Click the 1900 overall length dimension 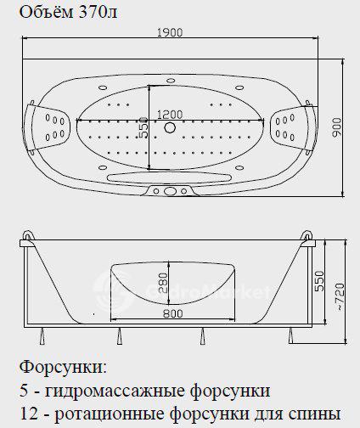click(x=170, y=32)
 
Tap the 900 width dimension click(x=336, y=127)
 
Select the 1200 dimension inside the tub click(x=170, y=115)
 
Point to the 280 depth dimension click(x=163, y=284)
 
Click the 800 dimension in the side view click(x=173, y=313)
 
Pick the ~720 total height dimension click(x=340, y=297)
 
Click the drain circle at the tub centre click(x=170, y=127)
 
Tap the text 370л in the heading click(x=97, y=13)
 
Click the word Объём click(x=47, y=12)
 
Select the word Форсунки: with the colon click(x=64, y=368)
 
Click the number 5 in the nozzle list click(x=25, y=391)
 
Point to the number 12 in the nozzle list click(x=29, y=414)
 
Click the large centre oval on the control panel click(x=170, y=192)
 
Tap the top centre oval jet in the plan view click(x=171, y=81)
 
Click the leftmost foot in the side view click(x=42, y=336)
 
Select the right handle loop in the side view click(x=307, y=236)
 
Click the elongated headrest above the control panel click(x=169, y=177)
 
